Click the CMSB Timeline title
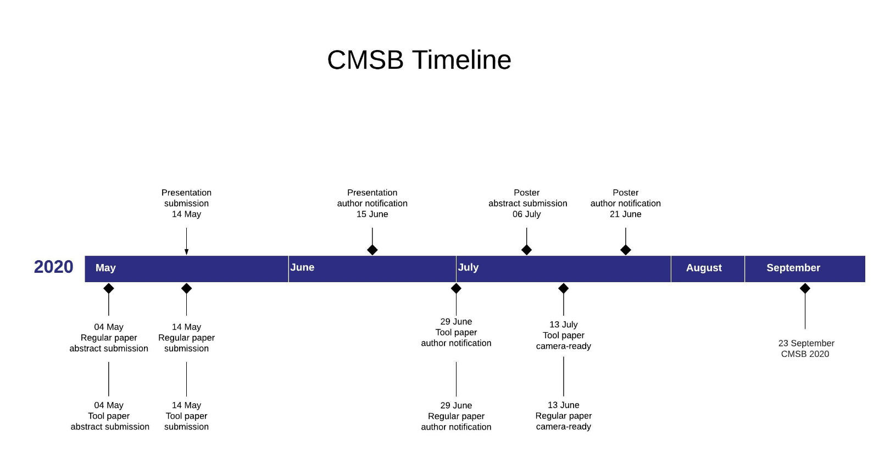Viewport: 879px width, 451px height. pos(419,60)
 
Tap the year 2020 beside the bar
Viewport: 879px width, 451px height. pos(53,267)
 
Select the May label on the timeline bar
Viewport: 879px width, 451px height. pos(105,268)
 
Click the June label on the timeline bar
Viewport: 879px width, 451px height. pos(302,267)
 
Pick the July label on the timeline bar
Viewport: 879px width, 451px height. pos(468,267)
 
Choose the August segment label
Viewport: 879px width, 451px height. pos(704,268)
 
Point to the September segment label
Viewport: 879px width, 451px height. pos(793,268)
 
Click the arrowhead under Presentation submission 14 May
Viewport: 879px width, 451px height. pos(186,252)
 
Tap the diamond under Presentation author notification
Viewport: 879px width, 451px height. pos(372,250)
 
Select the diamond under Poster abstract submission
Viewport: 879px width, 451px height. pos(527,250)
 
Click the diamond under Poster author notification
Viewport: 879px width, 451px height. pos(626,250)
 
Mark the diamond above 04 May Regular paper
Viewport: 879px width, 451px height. pos(109,288)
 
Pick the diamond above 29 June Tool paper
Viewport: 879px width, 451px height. pos(456,288)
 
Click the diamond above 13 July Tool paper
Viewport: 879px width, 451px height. pos(564,288)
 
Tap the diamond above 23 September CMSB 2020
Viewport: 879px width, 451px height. pos(805,288)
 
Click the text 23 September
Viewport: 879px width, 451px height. pos(806,343)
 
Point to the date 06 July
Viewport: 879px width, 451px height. pos(527,215)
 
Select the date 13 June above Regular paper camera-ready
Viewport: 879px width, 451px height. pos(564,405)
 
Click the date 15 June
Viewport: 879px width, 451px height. pos(372,215)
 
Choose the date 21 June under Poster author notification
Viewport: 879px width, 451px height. pos(626,215)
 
